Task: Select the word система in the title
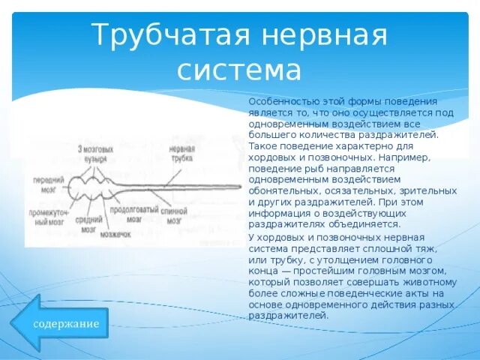(239, 70)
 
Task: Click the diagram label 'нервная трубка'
(181, 153)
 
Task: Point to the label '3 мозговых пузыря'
(95, 154)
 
